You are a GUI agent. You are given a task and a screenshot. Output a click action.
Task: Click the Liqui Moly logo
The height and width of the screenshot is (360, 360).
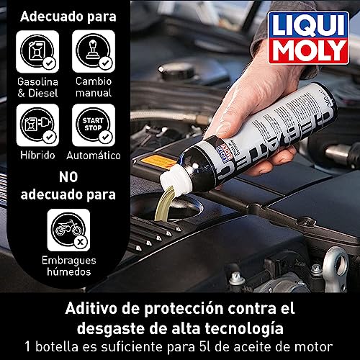(x=308, y=37)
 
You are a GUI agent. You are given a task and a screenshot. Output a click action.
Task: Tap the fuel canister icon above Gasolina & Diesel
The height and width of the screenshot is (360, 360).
(x=37, y=51)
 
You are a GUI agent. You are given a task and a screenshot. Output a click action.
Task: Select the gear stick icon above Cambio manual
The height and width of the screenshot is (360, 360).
(x=94, y=51)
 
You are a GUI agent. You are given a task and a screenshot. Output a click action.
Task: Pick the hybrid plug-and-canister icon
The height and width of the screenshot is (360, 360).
(x=37, y=125)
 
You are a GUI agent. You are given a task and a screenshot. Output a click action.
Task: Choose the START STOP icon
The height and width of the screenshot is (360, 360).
(x=94, y=125)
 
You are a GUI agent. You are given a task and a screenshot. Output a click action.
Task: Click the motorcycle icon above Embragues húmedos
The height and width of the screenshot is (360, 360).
(x=68, y=230)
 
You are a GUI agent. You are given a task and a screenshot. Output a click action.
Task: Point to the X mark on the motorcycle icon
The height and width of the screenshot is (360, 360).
(x=81, y=242)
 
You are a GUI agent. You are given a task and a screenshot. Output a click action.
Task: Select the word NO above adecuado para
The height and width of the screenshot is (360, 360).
(x=68, y=177)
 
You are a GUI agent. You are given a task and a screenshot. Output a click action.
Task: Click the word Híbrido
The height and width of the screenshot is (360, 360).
(x=37, y=155)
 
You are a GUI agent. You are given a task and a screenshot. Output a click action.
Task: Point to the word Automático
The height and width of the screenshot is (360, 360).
(x=94, y=156)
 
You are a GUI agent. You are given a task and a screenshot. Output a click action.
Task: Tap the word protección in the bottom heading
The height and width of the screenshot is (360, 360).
(x=184, y=309)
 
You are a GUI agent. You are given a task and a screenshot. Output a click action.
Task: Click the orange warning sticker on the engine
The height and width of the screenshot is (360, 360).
(x=158, y=162)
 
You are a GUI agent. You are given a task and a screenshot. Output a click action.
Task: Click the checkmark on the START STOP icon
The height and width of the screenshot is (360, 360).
(x=106, y=137)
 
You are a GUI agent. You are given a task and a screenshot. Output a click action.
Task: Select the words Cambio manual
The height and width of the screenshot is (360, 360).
(x=94, y=87)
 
